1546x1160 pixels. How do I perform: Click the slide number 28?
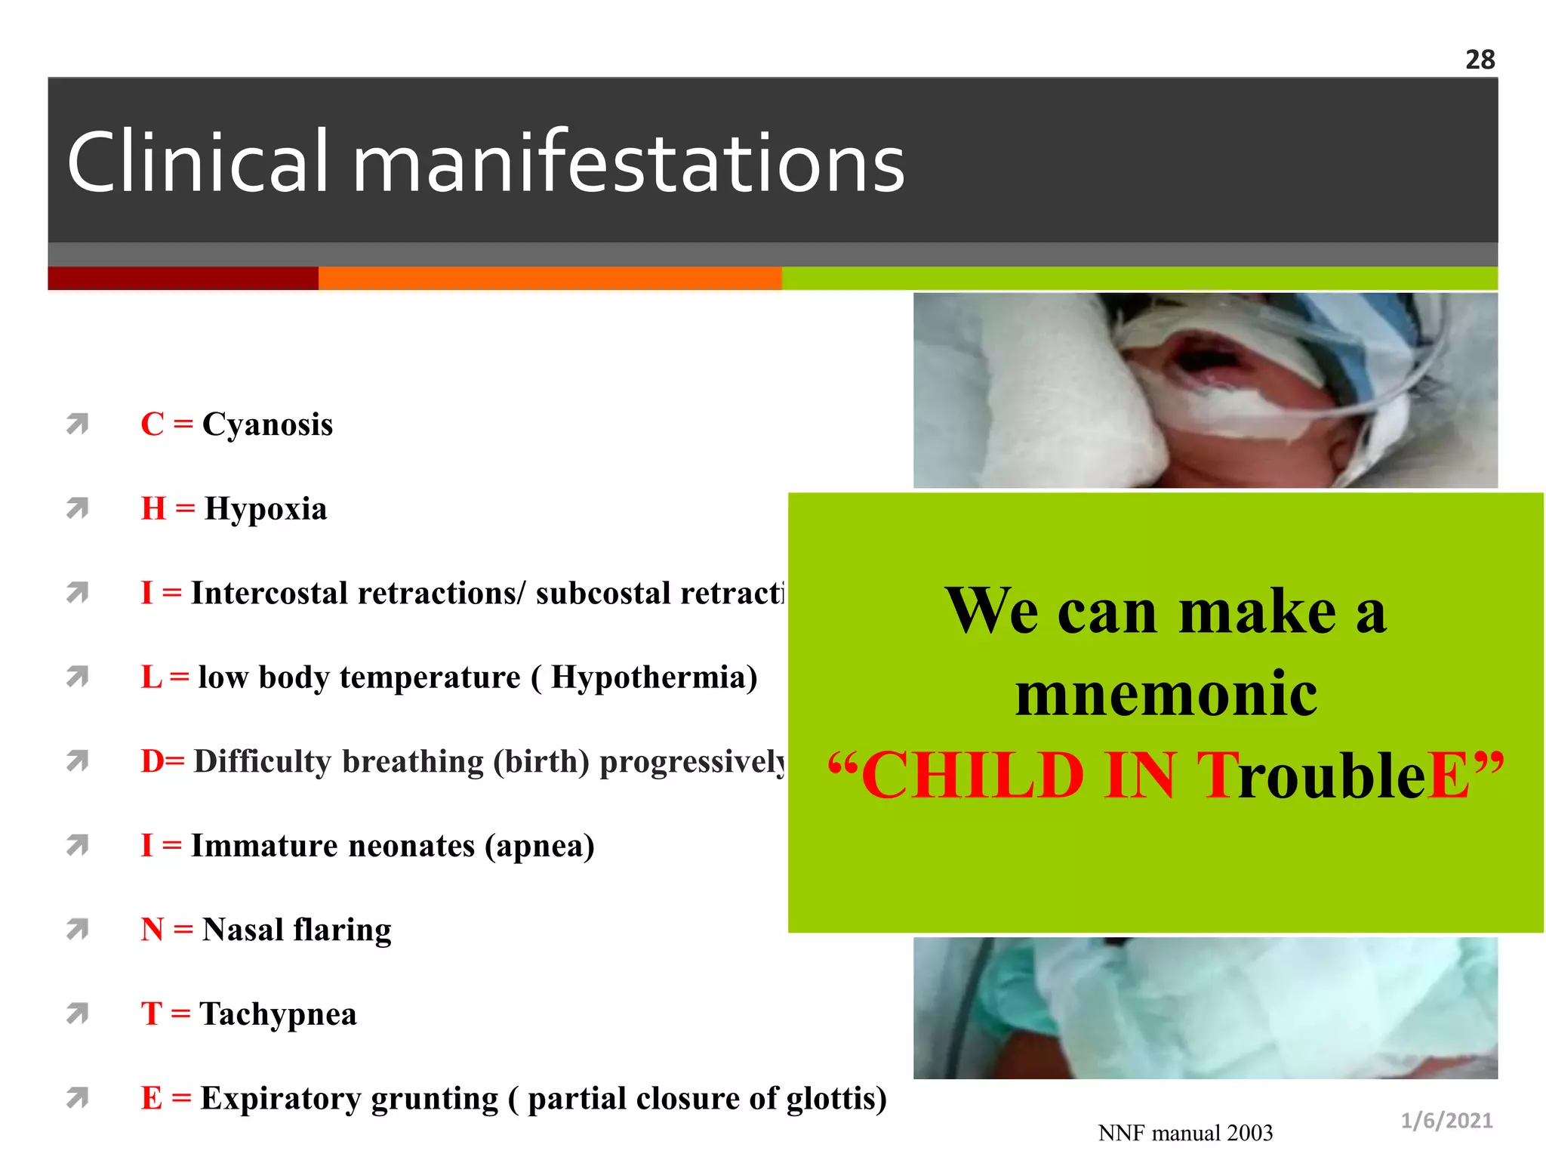pyautogui.click(x=1480, y=60)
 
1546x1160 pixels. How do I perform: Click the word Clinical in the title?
pyautogui.click(x=198, y=162)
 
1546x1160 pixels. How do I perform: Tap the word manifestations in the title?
pyautogui.click(x=628, y=162)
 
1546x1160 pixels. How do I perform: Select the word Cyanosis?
pyautogui.click(x=267, y=424)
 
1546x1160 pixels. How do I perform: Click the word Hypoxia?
pyautogui.click(x=266, y=509)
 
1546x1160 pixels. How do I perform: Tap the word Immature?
pyautogui.click(x=258, y=846)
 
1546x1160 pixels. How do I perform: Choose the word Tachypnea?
pyautogui.click(x=278, y=1014)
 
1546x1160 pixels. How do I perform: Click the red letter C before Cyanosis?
pyautogui.click(x=152, y=424)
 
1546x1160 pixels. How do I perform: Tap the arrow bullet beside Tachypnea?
pyautogui.click(x=77, y=1013)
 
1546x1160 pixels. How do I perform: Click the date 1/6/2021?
pyautogui.click(x=1446, y=1121)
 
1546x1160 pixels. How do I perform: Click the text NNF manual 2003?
pyautogui.click(x=1185, y=1133)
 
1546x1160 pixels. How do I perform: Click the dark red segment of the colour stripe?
pyautogui.click(x=183, y=278)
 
